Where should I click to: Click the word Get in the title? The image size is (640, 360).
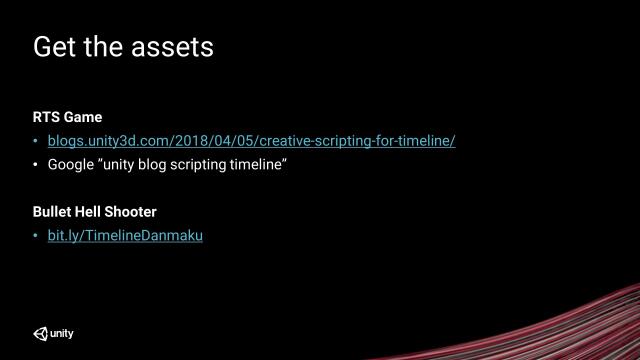(x=57, y=47)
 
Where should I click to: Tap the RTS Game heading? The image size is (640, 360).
(x=67, y=117)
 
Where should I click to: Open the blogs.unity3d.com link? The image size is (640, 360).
(x=251, y=140)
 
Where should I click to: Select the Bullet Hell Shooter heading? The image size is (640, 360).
(x=94, y=212)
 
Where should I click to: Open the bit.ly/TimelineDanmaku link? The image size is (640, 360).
(x=125, y=236)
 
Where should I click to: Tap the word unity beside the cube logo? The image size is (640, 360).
(x=62, y=333)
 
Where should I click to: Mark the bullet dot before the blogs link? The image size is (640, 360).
(x=37, y=141)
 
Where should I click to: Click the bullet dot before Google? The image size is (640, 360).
(x=37, y=164)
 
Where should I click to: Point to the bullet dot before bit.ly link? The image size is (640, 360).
(x=37, y=236)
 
